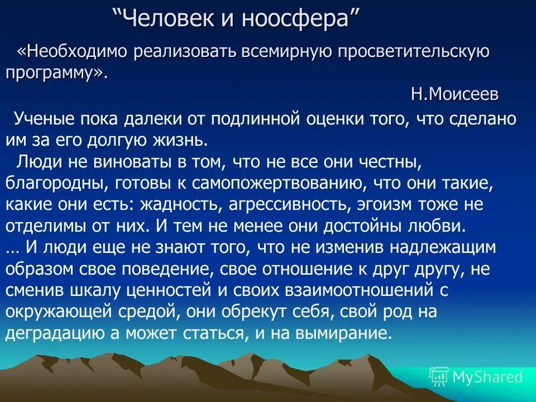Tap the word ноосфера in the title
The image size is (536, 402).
294,20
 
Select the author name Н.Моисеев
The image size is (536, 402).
454,94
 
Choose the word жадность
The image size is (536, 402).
180,204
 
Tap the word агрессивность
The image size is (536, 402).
285,204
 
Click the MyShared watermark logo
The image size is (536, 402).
476,377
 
